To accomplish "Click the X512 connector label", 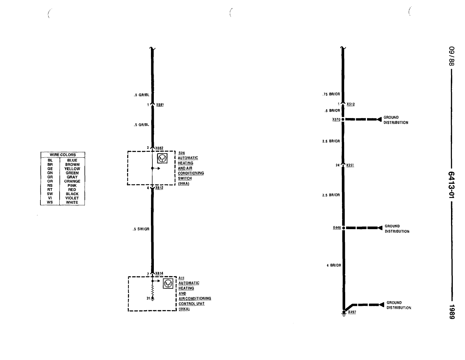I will pyautogui.click(x=351, y=104).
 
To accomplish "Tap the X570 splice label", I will pyautogui.click(x=336, y=120).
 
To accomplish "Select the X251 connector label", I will pyautogui.click(x=350, y=165).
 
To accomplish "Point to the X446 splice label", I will pyautogui.click(x=337, y=228).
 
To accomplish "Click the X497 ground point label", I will pyautogui.click(x=352, y=312).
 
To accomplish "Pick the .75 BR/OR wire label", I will pyautogui.click(x=331, y=94).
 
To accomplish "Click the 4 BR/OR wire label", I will pyautogui.click(x=334, y=265).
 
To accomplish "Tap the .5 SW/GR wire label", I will pyautogui.click(x=141, y=229).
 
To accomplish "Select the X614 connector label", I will pyautogui.click(x=159, y=273).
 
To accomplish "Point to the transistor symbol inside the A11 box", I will pyautogui.click(x=168, y=283).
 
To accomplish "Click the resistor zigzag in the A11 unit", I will pyautogui.click(x=152, y=289).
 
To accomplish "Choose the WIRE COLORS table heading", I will pyautogui.click(x=63, y=155).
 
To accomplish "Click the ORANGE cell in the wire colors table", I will pyautogui.click(x=72, y=181).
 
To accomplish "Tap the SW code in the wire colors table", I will pyautogui.click(x=50, y=194).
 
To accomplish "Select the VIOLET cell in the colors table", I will pyautogui.click(x=72, y=198).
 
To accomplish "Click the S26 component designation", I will pyautogui.click(x=181, y=153).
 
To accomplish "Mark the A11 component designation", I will pyautogui.click(x=181, y=278).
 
